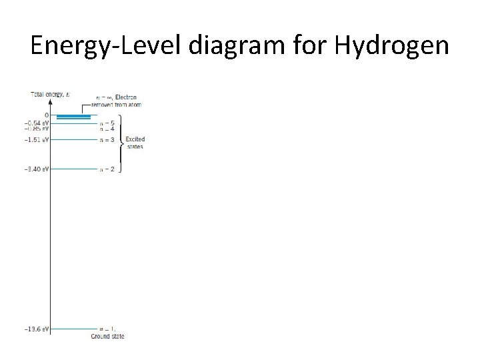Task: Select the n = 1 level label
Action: point(107,329)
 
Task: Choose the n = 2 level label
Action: point(107,169)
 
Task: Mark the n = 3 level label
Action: point(107,139)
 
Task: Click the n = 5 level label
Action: point(107,123)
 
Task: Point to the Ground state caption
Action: point(107,336)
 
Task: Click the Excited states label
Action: point(135,143)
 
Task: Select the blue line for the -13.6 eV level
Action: point(74,329)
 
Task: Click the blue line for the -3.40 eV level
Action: point(74,169)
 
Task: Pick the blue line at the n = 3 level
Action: point(74,139)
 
